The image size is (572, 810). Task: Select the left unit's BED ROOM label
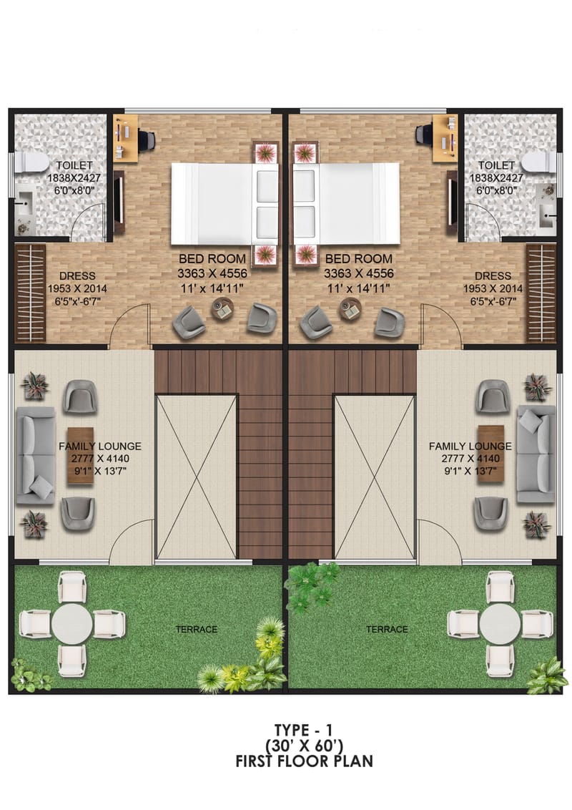click(212, 258)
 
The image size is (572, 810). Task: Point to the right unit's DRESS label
click(493, 275)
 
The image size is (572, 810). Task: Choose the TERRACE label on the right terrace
click(387, 629)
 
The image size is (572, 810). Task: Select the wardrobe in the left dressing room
click(30, 293)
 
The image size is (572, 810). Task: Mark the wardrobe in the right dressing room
click(541, 293)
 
